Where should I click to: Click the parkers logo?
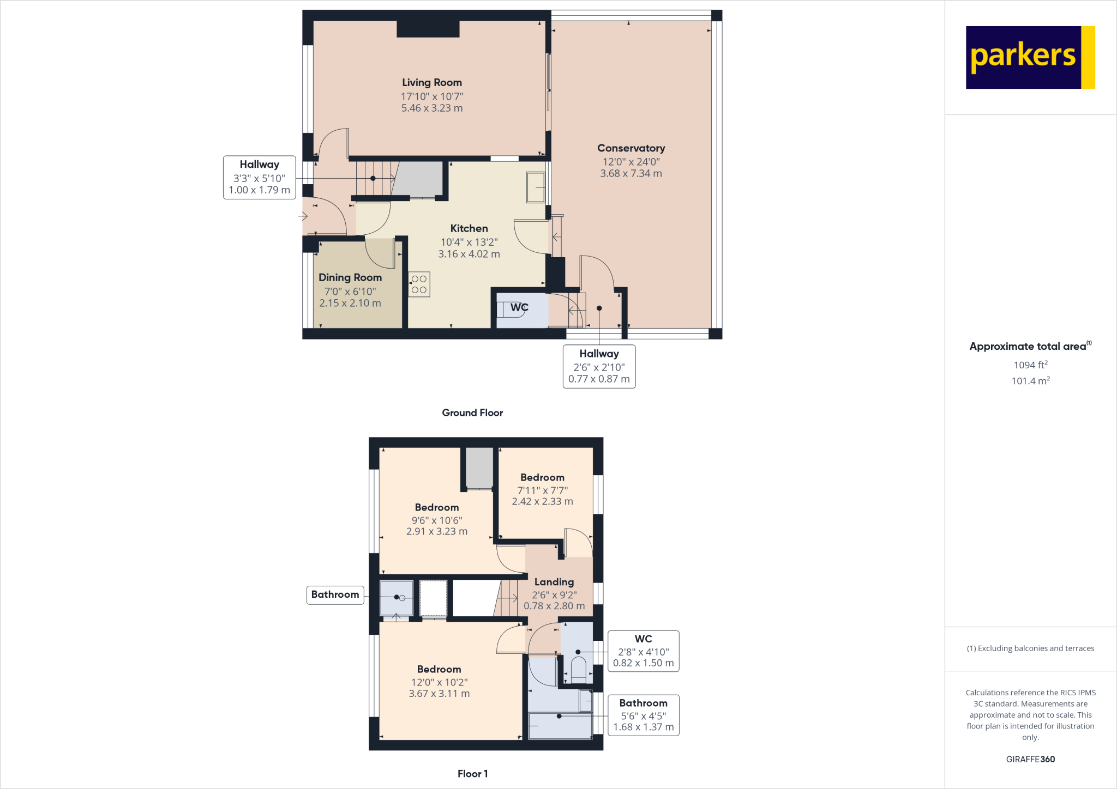click(1030, 57)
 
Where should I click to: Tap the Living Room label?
click(431, 83)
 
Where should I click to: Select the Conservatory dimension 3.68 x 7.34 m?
click(630, 174)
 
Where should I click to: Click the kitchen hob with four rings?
click(419, 284)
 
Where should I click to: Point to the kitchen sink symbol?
click(536, 187)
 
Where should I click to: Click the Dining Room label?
click(350, 278)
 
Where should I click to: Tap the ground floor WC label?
click(519, 307)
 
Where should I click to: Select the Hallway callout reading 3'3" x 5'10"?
click(259, 178)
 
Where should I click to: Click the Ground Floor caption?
click(472, 413)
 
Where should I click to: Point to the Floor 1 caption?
click(472, 774)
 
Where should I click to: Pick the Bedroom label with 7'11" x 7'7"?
click(542, 478)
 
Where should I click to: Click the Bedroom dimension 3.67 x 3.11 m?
click(439, 694)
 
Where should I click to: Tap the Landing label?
click(554, 582)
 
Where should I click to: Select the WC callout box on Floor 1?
click(643, 651)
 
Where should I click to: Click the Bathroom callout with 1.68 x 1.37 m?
click(643, 715)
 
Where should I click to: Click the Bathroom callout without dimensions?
click(335, 594)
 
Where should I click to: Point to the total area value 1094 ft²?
click(1030, 365)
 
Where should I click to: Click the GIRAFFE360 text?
click(1030, 760)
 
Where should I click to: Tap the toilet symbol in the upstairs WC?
click(578, 670)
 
